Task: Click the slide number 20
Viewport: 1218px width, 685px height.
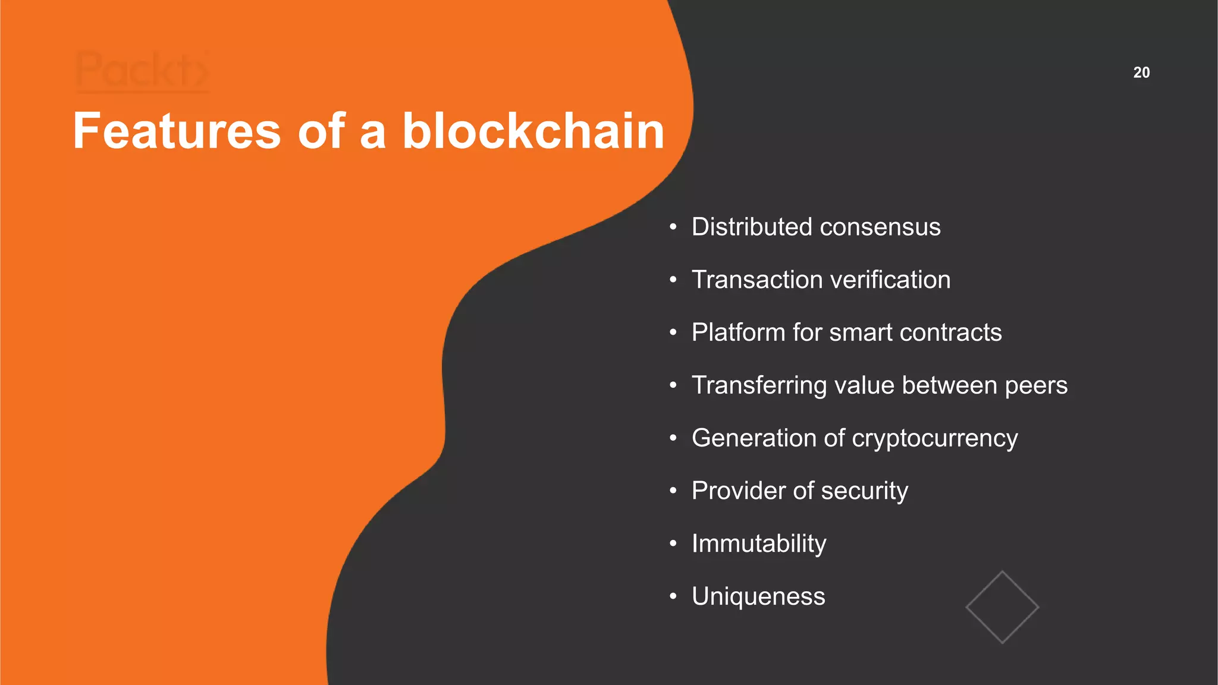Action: (x=1141, y=73)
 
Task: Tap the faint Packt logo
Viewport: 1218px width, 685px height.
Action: (x=142, y=71)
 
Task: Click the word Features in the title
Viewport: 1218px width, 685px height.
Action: (x=177, y=131)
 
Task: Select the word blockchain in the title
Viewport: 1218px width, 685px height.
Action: (x=533, y=131)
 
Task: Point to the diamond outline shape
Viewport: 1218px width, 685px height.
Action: (x=1002, y=607)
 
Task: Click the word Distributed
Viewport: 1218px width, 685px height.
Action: (x=752, y=227)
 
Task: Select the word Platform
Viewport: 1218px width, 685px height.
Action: (x=738, y=332)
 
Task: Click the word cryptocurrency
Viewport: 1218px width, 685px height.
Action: (x=935, y=439)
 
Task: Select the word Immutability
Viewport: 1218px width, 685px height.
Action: (x=759, y=544)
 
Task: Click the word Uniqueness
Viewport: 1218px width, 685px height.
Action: (x=758, y=596)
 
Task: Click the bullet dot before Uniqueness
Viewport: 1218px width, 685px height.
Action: (x=673, y=596)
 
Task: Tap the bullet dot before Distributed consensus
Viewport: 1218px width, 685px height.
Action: (x=673, y=227)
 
